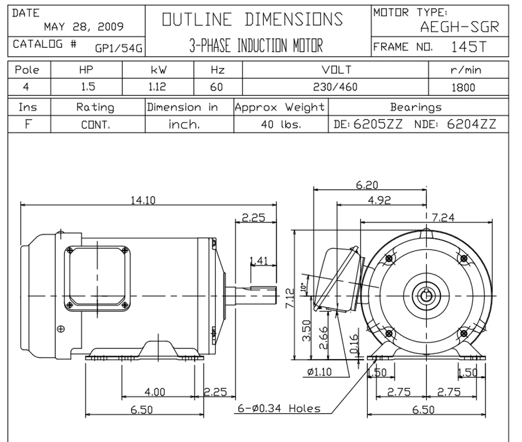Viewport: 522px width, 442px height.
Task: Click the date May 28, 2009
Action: (x=84, y=27)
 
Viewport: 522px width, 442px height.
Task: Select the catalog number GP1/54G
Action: (x=118, y=48)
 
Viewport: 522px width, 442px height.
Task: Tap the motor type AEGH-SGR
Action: (x=459, y=27)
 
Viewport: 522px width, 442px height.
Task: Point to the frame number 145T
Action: (x=469, y=47)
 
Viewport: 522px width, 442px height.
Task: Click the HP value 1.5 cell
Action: (x=86, y=87)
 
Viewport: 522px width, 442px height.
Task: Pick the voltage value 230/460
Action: (x=335, y=87)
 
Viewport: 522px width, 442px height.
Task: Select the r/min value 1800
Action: (x=463, y=87)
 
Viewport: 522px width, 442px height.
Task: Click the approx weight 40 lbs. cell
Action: (x=281, y=125)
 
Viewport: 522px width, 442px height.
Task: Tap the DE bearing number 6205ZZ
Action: (x=378, y=124)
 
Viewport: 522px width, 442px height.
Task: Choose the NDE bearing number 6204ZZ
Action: (x=471, y=124)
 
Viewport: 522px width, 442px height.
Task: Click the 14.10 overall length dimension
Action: (x=143, y=200)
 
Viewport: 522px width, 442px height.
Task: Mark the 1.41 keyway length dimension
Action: (x=259, y=260)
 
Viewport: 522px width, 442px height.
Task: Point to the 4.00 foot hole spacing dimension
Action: (x=155, y=392)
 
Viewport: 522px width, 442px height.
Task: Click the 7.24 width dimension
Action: (x=443, y=217)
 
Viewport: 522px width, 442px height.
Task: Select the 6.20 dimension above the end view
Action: (x=367, y=185)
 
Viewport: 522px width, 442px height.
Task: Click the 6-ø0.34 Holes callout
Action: (x=279, y=408)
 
